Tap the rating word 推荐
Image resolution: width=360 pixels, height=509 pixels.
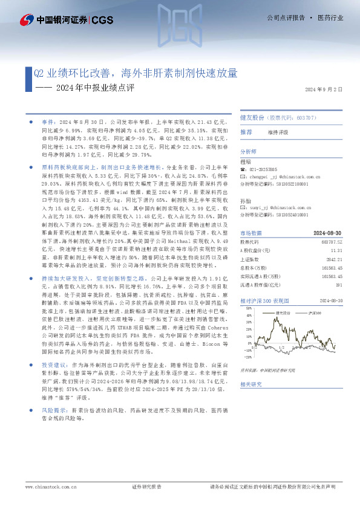(x=246, y=132)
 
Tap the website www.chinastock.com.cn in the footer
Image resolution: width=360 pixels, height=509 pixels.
(x=47, y=487)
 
